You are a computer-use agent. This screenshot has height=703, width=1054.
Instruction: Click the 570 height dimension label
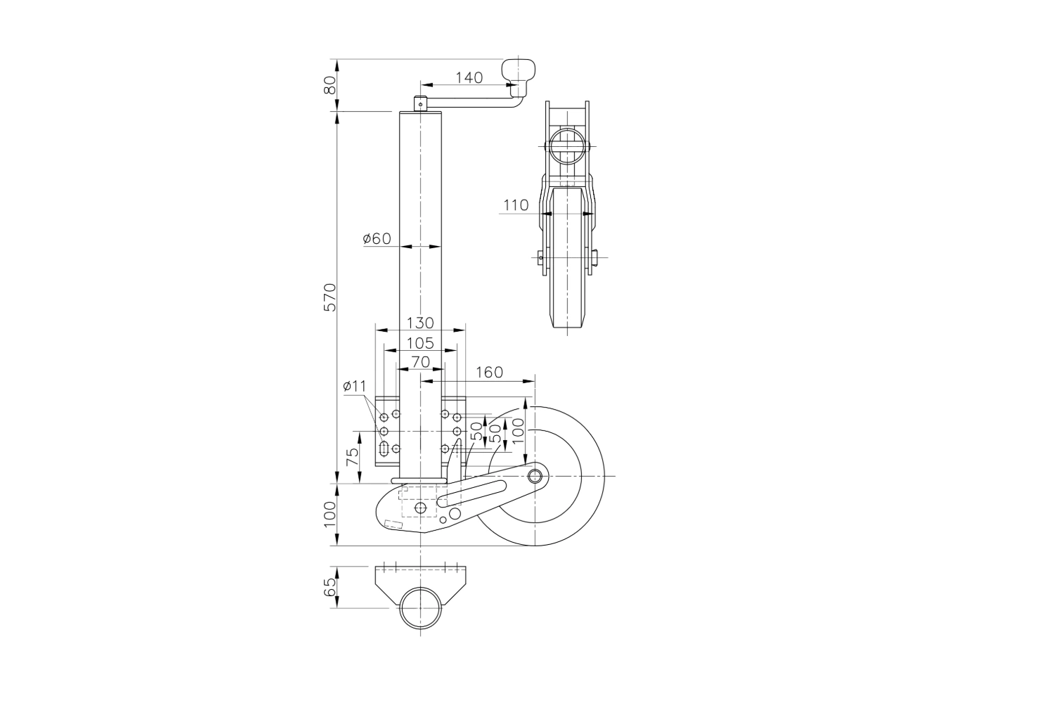click(331, 297)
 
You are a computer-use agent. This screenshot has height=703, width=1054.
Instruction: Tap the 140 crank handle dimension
click(469, 78)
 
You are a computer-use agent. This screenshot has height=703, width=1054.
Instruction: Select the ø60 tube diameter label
click(377, 239)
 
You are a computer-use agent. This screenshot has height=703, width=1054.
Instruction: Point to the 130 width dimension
click(420, 323)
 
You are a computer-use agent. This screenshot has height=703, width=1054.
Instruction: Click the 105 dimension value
click(420, 343)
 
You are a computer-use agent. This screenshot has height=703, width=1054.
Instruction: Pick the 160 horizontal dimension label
click(489, 373)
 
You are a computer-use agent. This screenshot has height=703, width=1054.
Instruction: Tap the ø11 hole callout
click(354, 387)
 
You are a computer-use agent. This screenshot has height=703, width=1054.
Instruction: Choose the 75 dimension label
click(353, 457)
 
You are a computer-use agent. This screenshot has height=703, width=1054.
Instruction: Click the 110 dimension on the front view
click(516, 205)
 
